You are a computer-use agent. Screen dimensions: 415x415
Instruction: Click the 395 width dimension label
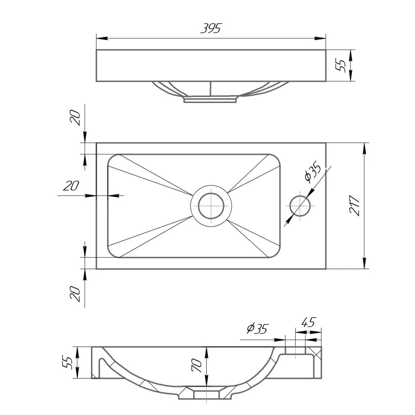211,28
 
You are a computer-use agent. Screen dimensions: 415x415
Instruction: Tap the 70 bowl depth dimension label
197,365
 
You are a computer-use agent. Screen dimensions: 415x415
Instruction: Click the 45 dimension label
308,322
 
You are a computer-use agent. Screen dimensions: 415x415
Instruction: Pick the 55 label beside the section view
67,362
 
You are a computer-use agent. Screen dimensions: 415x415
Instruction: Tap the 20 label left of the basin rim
71,186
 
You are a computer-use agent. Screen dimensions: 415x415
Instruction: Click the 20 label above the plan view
75,118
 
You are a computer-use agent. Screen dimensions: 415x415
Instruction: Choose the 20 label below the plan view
75,294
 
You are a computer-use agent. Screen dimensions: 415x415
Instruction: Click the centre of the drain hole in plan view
211,205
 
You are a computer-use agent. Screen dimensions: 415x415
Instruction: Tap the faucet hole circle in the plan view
300,205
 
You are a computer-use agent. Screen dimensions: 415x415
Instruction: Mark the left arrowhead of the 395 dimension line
102,39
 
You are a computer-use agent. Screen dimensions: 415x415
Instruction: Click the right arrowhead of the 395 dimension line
320,39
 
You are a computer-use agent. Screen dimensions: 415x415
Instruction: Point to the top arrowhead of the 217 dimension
365,149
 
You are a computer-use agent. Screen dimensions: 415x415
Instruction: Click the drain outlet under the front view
210,99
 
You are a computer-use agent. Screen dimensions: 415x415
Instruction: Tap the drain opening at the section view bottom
206,395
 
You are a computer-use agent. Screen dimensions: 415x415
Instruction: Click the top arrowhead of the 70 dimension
206,353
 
